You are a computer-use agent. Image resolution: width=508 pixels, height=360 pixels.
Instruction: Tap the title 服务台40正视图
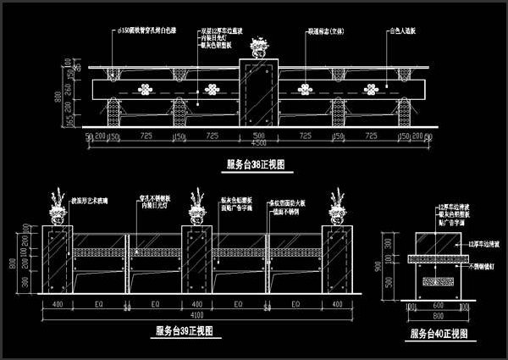439,335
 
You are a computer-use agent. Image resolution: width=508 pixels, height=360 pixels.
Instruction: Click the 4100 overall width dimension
196,313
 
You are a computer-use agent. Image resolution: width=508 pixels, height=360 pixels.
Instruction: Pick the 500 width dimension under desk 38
259,135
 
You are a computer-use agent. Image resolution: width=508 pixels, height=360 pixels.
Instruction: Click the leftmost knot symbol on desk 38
150,88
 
